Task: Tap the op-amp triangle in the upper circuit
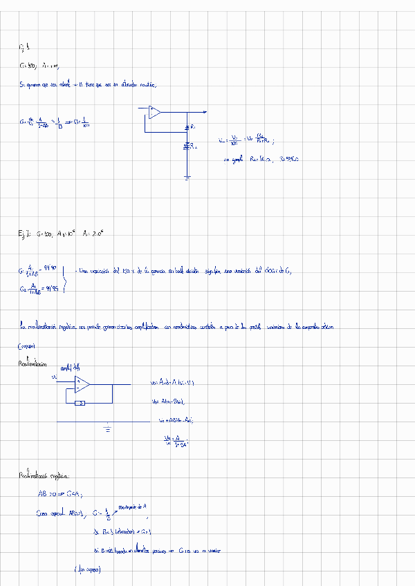(154, 111)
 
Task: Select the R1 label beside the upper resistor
(192, 128)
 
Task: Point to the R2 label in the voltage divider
(194, 147)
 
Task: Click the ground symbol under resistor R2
(187, 178)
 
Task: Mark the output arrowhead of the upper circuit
(204, 111)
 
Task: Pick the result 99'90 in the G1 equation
(50, 267)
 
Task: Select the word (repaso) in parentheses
(26, 346)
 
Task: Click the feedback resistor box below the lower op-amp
(80, 402)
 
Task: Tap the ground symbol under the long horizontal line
(107, 428)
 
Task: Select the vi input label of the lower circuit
(55, 377)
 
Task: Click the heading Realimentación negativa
(44, 476)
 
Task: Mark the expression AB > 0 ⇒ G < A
(60, 494)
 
